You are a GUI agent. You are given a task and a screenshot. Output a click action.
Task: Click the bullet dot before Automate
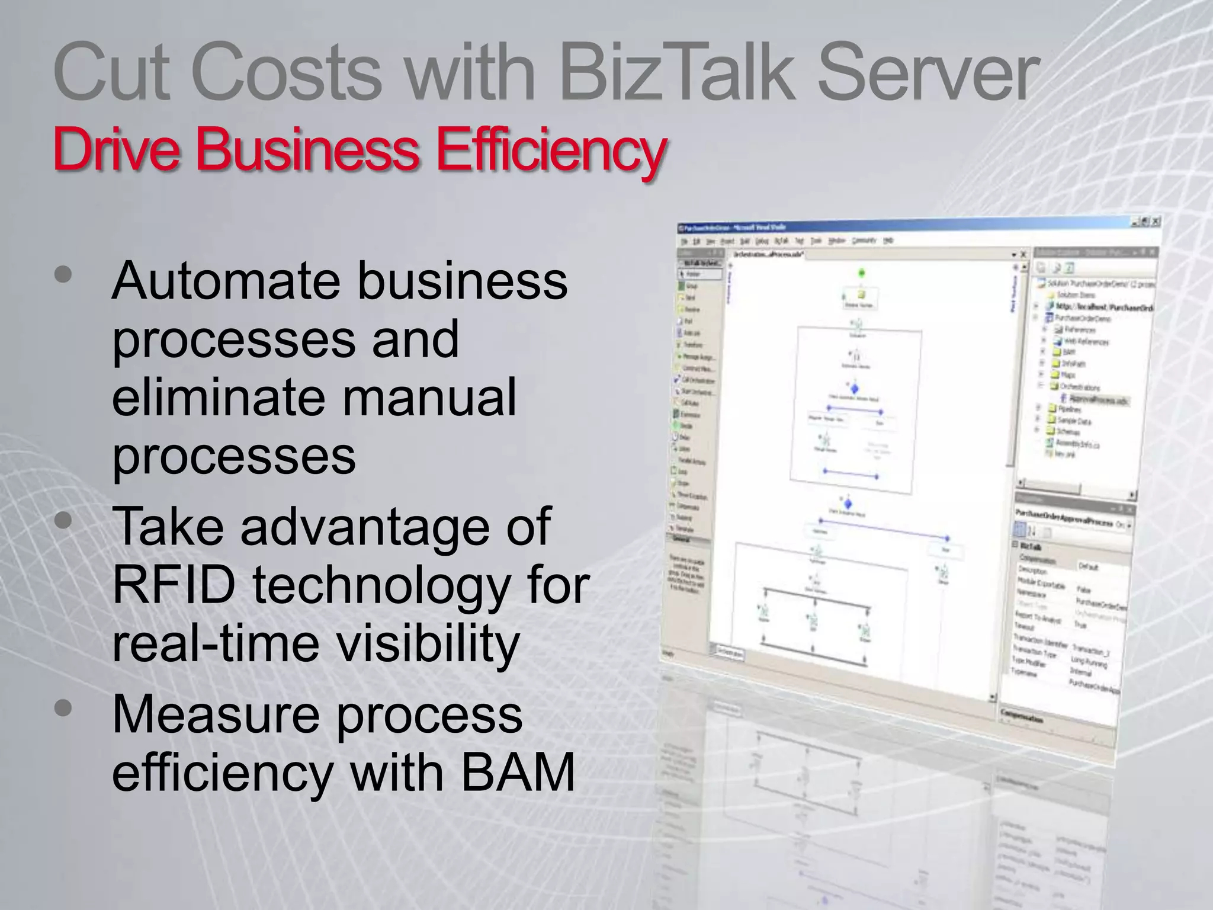point(63,274)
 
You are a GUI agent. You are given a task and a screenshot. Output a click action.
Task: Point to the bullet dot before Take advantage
point(63,521)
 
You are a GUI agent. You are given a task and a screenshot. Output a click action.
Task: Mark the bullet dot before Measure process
point(63,708)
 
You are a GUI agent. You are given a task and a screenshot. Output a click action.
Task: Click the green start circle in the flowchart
point(862,273)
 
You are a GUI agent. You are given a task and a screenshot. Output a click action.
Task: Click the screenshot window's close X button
point(1156,221)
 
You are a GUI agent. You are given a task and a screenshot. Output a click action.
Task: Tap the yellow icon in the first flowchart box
point(861,294)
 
